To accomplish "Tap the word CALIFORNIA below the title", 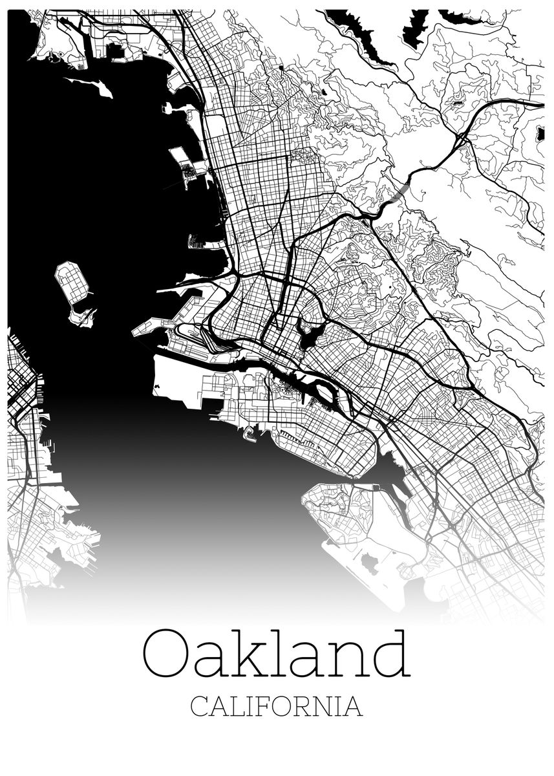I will (277, 706).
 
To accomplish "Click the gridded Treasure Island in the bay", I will (72, 283).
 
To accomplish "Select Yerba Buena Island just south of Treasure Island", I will (82, 316).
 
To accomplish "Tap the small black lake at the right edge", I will (540, 134).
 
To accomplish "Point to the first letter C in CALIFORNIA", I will (199, 706).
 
